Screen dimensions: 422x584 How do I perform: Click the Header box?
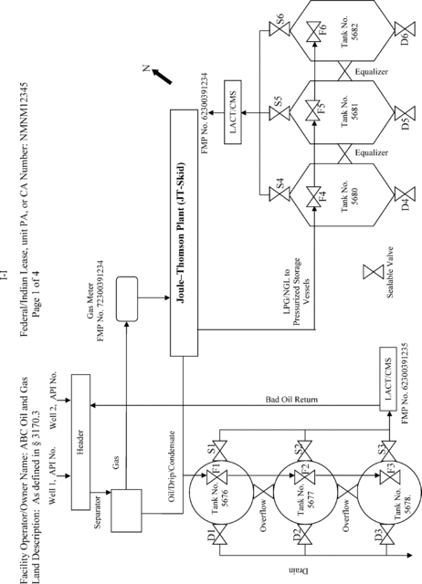point(80,442)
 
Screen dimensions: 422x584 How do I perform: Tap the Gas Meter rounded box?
point(127,298)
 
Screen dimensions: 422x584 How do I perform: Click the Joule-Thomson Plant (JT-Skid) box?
point(185,233)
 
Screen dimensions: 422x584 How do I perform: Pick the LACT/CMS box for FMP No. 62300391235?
point(388,379)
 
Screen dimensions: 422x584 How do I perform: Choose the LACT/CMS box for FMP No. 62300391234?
point(233,112)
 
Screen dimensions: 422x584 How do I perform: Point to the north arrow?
point(162,76)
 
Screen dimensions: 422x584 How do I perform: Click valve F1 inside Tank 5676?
point(216,475)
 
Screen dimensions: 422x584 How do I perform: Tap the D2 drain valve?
point(305,537)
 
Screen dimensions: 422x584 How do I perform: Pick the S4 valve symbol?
point(280,194)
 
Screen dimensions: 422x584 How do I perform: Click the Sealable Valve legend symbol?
point(374,272)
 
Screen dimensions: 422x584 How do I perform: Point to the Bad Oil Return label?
point(291,400)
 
